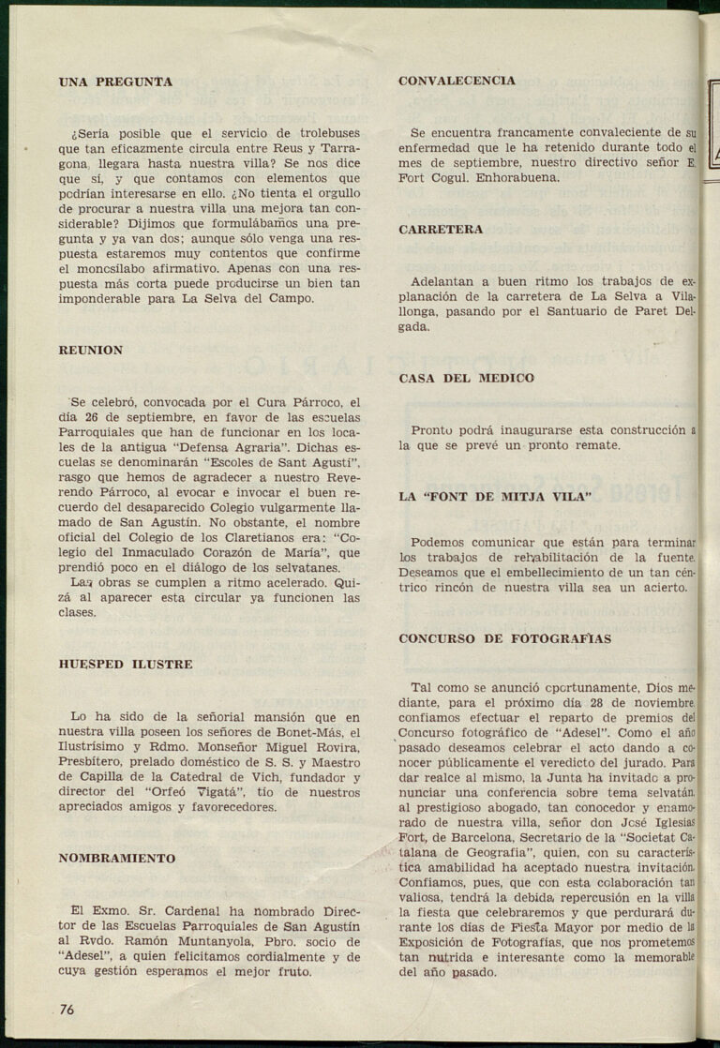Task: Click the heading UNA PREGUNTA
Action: pos(115,82)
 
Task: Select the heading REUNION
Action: pos(91,350)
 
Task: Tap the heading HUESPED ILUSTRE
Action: pos(126,664)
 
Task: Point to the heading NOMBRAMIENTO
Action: pos(117,858)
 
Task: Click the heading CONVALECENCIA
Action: pos(457,81)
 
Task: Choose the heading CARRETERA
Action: pos(441,229)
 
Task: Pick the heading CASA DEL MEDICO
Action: pos(466,378)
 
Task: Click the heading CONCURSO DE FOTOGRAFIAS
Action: pos(504,638)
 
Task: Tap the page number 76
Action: pos(67,1009)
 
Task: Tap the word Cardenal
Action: pos(186,909)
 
